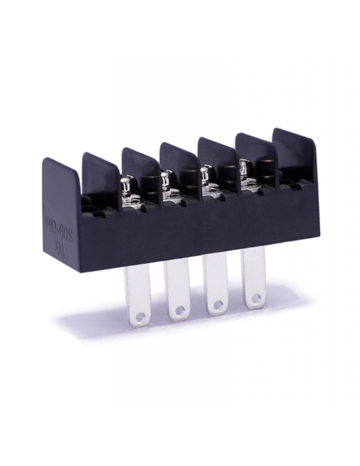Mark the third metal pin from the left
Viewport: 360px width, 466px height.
215,284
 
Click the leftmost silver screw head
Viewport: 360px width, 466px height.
126,184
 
